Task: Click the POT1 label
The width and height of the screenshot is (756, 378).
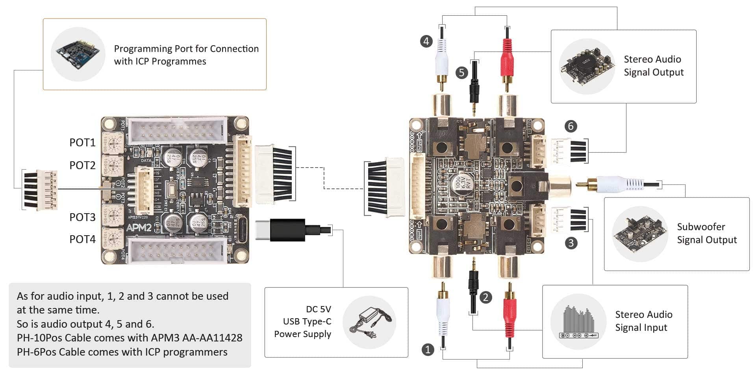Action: [x=82, y=142]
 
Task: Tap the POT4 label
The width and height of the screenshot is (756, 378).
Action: [x=82, y=239]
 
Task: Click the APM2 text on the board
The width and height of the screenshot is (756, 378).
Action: [x=139, y=228]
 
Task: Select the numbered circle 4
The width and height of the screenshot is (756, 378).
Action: [x=426, y=41]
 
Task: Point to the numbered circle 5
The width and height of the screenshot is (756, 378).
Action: [x=461, y=72]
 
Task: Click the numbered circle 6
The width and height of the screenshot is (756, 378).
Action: [x=571, y=126]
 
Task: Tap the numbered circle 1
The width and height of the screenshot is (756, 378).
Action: [x=428, y=349]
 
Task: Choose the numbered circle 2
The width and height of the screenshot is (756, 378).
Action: [x=485, y=297]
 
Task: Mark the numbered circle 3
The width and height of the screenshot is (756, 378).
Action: [x=571, y=243]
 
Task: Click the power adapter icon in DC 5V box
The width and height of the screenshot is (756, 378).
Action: [x=369, y=323]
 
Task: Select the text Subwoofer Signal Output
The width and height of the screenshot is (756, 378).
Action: [x=706, y=233]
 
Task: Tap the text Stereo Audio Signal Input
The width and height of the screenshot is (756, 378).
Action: [x=643, y=321]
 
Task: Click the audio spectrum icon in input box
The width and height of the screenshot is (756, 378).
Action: [x=578, y=322]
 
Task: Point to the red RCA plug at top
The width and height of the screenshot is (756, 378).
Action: [x=507, y=59]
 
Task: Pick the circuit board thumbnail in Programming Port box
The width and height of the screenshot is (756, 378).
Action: [x=78, y=54]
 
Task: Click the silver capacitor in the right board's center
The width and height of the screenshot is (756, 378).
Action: [x=460, y=183]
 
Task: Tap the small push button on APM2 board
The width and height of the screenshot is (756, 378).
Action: [x=172, y=190]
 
